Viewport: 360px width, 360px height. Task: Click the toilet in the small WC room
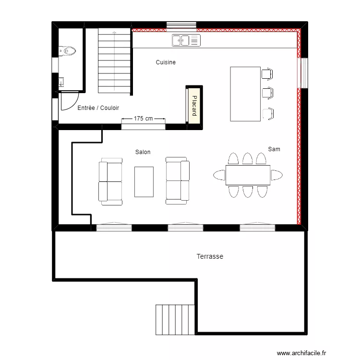point(68,50)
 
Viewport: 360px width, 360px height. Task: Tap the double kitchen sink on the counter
point(185,40)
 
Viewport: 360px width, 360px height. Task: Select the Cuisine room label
point(166,62)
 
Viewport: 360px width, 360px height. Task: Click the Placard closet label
point(194,106)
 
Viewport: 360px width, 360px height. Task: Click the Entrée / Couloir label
point(98,108)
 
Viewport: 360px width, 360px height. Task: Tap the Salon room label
point(143,152)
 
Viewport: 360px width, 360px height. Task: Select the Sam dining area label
point(274,149)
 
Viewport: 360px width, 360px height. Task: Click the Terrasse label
point(210,257)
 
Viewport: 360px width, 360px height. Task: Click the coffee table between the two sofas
point(144,181)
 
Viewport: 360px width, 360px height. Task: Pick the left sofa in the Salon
point(110,181)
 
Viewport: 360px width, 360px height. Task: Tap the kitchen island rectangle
point(246,94)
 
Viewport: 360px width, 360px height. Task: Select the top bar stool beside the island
point(267,74)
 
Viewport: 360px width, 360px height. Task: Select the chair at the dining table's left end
point(218,175)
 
